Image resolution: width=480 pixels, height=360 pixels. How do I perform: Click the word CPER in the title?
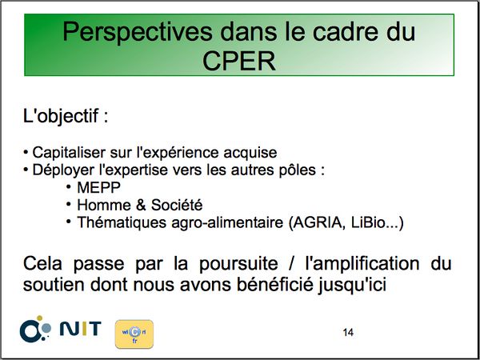click(x=239, y=62)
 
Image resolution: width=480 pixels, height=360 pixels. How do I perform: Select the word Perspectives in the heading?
click(x=137, y=32)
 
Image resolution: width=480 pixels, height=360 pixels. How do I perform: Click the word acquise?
click(x=250, y=153)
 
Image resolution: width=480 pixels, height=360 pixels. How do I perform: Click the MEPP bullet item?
click(x=98, y=188)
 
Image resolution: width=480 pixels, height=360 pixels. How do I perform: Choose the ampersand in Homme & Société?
click(x=141, y=205)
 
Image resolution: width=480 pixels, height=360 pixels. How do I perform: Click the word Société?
click(x=177, y=205)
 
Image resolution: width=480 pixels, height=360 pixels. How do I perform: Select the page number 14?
click(x=348, y=333)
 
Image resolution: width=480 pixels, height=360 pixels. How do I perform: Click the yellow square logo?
click(x=134, y=334)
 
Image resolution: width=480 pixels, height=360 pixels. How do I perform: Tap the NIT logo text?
click(x=81, y=329)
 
